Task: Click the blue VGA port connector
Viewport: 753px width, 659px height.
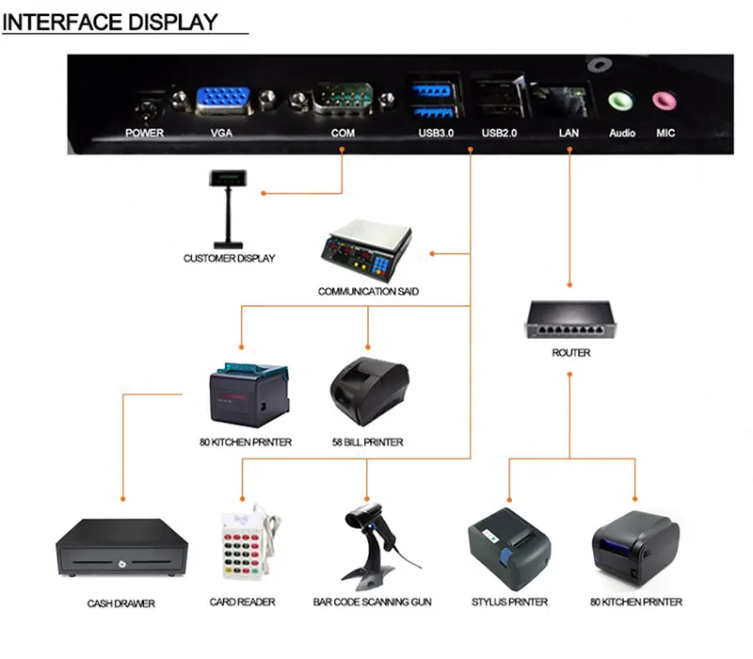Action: [223, 100]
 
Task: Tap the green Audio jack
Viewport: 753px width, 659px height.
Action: [619, 102]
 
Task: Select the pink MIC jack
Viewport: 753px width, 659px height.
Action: [665, 101]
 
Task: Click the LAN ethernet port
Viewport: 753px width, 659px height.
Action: [558, 100]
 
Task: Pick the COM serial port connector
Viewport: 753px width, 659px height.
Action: [343, 99]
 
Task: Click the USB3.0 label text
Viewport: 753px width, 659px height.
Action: [436, 133]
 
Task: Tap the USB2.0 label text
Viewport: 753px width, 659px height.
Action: [500, 133]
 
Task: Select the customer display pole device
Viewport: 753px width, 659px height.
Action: [228, 209]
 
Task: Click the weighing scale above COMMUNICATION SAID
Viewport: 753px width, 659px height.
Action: [366, 249]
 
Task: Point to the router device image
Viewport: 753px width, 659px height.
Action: [570, 319]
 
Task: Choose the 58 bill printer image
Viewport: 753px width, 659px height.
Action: [369, 391]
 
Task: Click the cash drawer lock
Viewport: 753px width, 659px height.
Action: [122, 563]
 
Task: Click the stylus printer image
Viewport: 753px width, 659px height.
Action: [509, 549]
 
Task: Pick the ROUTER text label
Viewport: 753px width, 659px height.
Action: [571, 353]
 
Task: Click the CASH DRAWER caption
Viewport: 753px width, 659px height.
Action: [121, 603]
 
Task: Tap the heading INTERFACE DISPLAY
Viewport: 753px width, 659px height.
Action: [110, 22]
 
